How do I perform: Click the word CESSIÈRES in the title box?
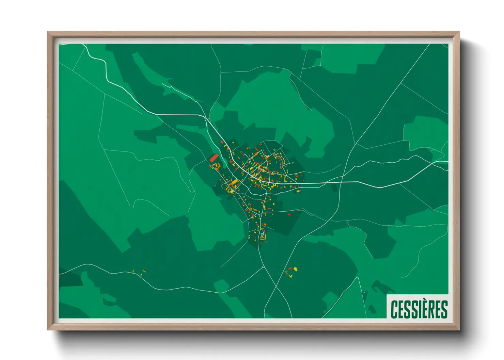click(x=419, y=309)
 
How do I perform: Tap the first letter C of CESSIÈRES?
click(x=394, y=309)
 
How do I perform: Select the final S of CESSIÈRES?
click(x=444, y=309)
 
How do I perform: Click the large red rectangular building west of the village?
click(x=214, y=158)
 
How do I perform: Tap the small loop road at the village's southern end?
click(x=262, y=235)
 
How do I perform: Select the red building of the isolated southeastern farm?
click(x=290, y=268)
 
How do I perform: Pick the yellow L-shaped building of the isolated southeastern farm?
click(x=295, y=269)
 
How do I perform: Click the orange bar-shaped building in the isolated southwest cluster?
click(x=144, y=271)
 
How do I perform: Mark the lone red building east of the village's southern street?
click(x=289, y=214)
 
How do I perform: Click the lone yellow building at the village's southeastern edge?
click(x=298, y=191)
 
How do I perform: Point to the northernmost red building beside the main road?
click(x=222, y=142)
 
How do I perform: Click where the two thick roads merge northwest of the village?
click(x=205, y=117)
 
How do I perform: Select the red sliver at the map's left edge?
click(x=59, y=277)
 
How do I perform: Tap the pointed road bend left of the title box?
click(x=358, y=278)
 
